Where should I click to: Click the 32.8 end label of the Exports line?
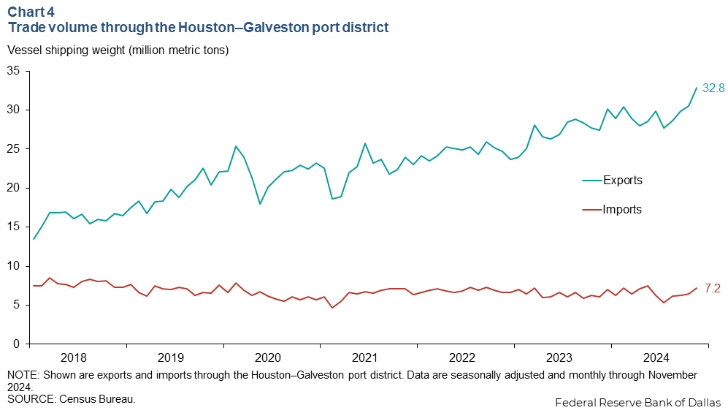point(713,88)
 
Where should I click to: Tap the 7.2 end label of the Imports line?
point(713,289)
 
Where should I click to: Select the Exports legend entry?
point(622,180)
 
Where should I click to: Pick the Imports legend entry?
point(622,210)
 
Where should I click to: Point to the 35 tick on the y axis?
point(13,71)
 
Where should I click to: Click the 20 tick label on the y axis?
point(13,188)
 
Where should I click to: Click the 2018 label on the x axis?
point(74,358)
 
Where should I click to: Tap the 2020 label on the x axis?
point(267,358)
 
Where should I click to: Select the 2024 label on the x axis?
point(656,358)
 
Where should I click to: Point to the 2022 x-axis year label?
point(461,358)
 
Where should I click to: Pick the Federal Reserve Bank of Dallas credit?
point(637,403)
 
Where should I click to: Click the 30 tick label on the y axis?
point(13,110)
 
